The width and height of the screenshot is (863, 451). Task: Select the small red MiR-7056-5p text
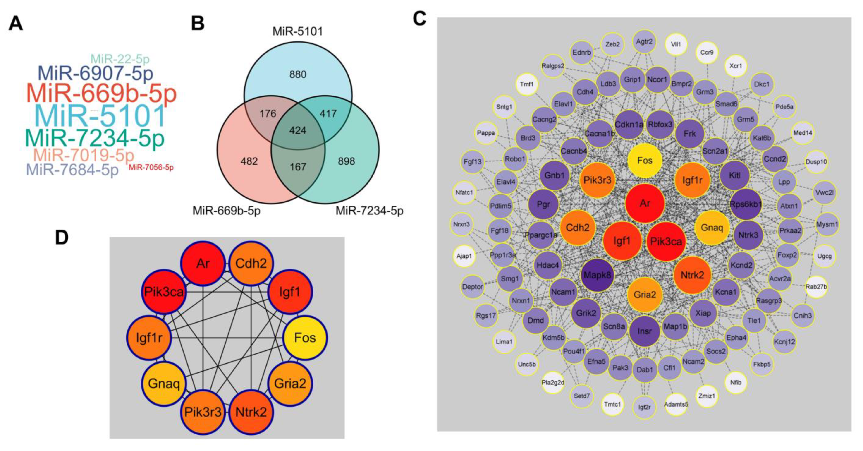(151, 167)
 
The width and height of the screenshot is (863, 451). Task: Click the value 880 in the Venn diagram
(297, 74)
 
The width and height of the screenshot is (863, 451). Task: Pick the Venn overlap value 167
(297, 167)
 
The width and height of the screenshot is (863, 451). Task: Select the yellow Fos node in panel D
(305, 338)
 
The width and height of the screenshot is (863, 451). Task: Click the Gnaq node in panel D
(164, 383)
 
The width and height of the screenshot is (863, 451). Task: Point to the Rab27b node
(816, 287)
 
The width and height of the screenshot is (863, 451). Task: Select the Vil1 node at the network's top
(676, 44)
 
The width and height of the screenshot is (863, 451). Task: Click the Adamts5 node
(676, 404)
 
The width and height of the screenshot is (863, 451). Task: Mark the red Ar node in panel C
(645, 203)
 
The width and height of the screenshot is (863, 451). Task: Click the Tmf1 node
(527, 84)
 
